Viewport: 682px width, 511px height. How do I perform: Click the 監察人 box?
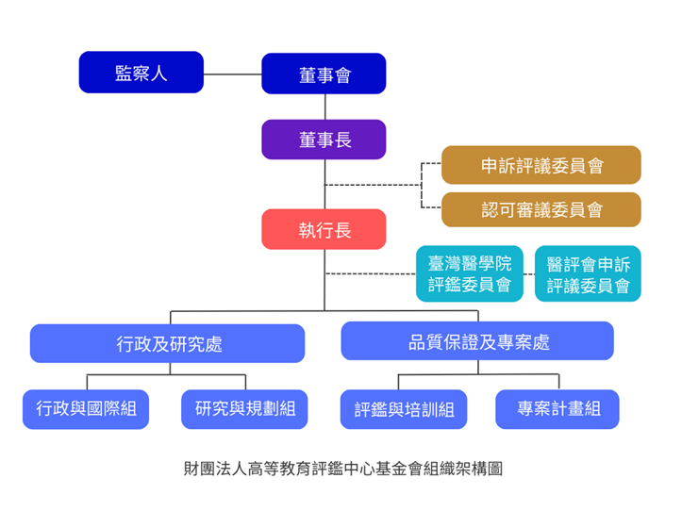141,73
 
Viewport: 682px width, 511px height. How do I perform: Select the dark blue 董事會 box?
324,74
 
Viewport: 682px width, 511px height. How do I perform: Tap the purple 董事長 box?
324,140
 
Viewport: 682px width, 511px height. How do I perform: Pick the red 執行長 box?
324,229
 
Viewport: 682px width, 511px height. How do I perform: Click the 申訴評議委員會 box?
541,165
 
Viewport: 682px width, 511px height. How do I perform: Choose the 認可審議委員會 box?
541,209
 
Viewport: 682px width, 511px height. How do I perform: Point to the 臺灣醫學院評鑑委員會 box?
470,273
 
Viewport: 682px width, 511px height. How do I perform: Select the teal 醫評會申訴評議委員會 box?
588,273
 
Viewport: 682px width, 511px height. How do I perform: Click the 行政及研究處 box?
168,343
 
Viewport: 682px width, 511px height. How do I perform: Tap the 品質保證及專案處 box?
477,341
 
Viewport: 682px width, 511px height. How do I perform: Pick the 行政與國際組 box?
86,409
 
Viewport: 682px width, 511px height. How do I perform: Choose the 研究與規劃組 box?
244,409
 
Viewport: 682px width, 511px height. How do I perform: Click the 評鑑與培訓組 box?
404,409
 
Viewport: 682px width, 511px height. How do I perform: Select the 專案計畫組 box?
557,409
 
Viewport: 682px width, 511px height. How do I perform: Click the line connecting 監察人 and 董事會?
233,74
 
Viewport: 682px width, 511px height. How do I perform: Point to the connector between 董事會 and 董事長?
324,107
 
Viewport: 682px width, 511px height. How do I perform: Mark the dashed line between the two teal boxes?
529,274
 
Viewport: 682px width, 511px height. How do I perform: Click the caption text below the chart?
343,469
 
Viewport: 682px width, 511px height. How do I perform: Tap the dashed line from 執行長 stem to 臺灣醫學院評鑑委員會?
371,273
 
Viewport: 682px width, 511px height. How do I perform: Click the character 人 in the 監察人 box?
158,73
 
